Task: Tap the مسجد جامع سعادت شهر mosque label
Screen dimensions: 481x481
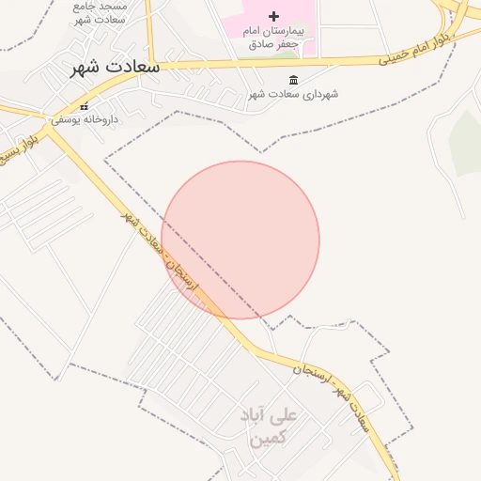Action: pyautogui.click(x=100, y=12)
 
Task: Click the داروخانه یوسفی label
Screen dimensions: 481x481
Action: pyautogui.click(x=85, y=119)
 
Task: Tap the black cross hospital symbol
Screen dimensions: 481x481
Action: pyautogui.click(x=273, y=16)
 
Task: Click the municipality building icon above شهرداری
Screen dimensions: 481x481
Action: pyautogui.click(x=294, y=80)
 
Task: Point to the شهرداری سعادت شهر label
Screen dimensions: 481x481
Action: pyautogui.click(x=294, y=94)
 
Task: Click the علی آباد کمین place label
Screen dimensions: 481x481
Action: pyautogui.click(x=269, y=426)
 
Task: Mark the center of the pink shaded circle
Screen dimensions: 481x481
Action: pyautogui.click(x=240, y=240)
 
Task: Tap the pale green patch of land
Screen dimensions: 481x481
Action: pyautogui.click(x=465, y=141)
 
